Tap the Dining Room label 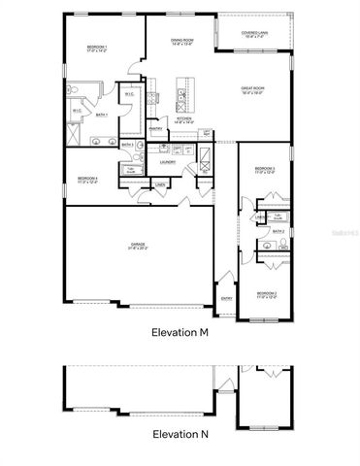[182, 42]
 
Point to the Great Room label [252, 90]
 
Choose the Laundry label [167, 162]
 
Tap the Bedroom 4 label [87, 179]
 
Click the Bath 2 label [278, 231]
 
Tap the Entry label [226, 298]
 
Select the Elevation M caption [180, 332]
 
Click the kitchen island [180, 94]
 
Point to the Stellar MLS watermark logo [341, 234]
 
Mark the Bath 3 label [127, 145]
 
